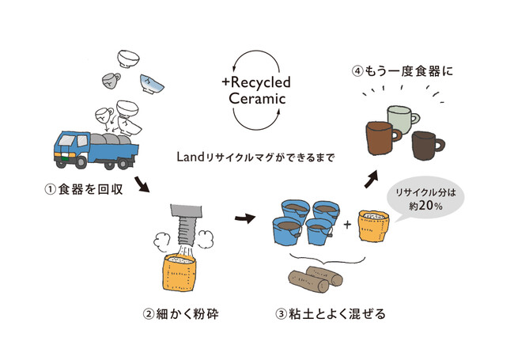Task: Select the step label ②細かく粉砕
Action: point(180,313)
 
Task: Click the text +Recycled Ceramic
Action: point(257,89)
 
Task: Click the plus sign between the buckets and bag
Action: point(348,225)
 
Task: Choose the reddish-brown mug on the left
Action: point(380,138)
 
